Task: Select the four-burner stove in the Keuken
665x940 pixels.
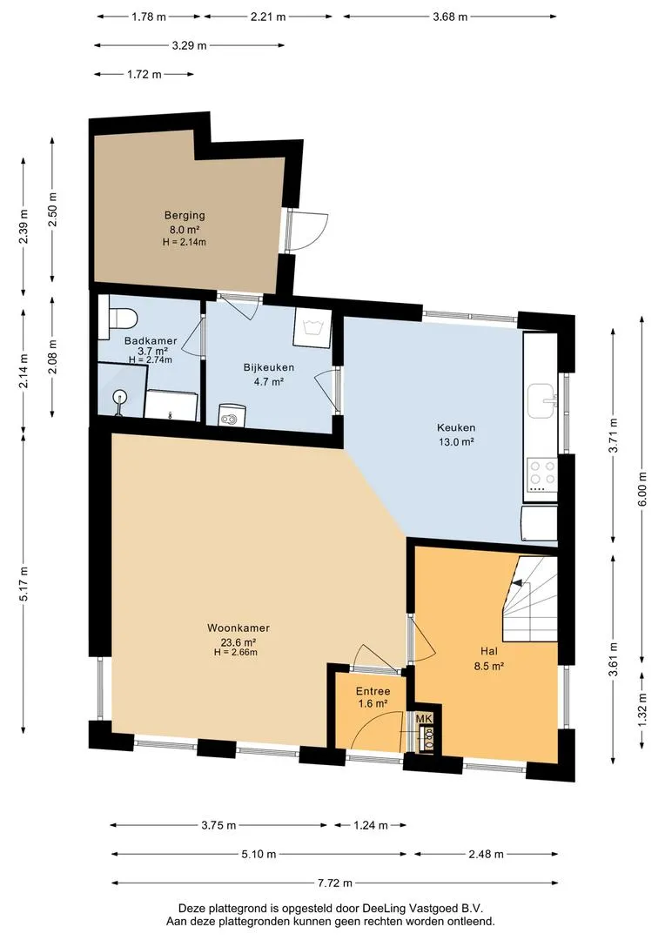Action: (541, 474)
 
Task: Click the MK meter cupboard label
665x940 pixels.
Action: (424, 719)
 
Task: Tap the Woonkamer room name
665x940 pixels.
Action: (238, 628)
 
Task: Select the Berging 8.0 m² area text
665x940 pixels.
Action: (185, 229)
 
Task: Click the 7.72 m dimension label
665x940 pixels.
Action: (334, 883)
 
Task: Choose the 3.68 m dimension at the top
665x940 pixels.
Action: (450, 17)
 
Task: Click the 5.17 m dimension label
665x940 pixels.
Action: (24, 584)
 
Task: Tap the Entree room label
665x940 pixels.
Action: (373, 691)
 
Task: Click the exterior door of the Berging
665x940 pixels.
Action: (306, 231)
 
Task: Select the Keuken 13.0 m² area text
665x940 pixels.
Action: (456, 442)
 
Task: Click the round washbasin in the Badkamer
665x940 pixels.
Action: (120, 397)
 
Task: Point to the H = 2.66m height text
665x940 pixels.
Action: (236, 652)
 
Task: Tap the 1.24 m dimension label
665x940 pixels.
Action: (370, 825)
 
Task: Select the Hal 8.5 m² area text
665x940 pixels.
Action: (488, 666)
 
